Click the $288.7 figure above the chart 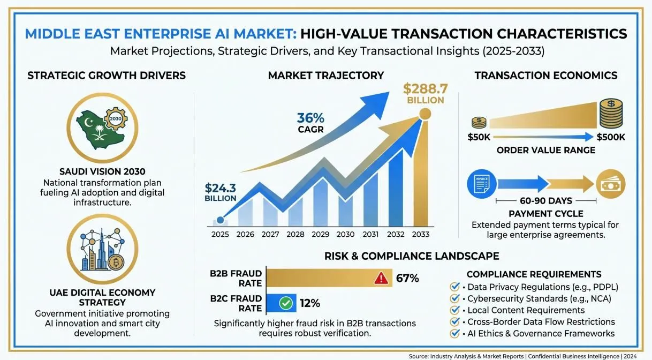tap(425, 88)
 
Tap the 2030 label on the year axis tap(345, 234)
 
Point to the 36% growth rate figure tap(310, 118)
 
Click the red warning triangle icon tap(381, 278)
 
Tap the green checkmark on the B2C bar tap(286, 303)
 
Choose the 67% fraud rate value tap(407, 278)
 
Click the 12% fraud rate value tap(310, 303)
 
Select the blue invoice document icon tap(482, 184)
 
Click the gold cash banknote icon tap(611, 184)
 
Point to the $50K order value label tap(479, 137)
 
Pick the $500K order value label tap(611, 137)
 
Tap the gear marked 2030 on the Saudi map tap(116, 118)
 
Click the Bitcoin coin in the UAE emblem tap(116, 262)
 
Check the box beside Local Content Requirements tap(454, 310)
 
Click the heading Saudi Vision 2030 tap(102, 171)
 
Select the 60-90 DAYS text tap(546, 201)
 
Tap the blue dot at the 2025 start tap(221, 220)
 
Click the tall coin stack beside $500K tap(611, 114)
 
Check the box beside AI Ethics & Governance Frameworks tap(454, 333)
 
